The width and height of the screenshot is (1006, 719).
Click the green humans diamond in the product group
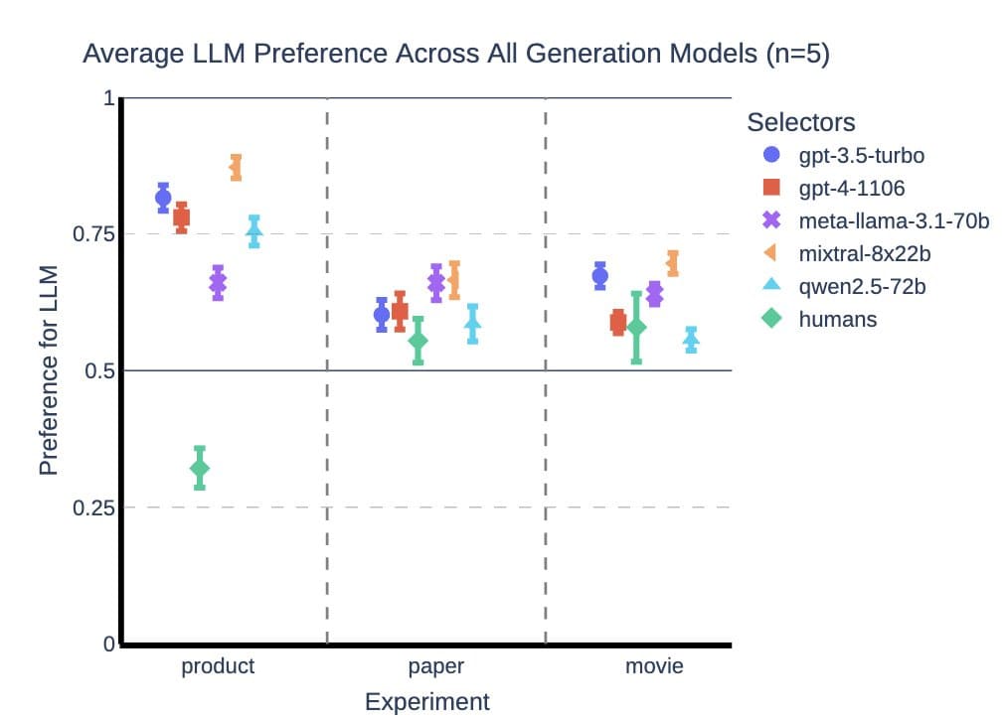200,468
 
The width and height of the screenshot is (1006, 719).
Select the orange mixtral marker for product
236,168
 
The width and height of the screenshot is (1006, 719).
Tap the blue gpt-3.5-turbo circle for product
163,198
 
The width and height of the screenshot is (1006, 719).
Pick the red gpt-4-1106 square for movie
617,322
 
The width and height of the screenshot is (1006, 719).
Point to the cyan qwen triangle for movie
691,340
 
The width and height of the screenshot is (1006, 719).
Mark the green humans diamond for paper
419,341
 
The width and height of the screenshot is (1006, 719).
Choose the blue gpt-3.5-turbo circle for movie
599,276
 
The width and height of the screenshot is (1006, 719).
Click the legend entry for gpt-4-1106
851,188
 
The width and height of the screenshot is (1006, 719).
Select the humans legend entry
837,320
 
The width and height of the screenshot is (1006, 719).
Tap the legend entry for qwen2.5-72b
863,286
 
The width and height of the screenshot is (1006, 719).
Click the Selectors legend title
801,122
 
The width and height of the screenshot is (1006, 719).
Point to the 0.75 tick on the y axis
95,234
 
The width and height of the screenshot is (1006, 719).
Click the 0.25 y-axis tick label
95,508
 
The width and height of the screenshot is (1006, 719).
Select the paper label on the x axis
435,665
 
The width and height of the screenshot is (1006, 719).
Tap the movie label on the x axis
654,665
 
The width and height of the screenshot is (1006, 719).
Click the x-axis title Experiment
426,702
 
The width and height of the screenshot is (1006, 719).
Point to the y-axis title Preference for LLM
48,369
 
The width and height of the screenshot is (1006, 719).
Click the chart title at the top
455,54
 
